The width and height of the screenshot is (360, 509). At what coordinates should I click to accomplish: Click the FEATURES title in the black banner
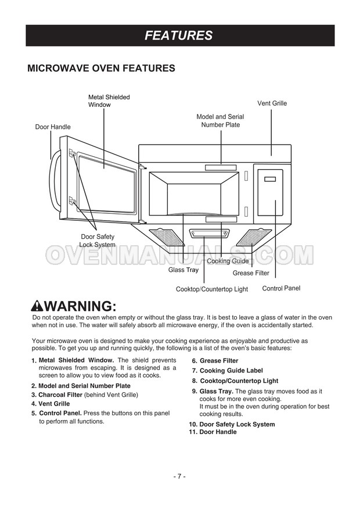click(x=178, y=35)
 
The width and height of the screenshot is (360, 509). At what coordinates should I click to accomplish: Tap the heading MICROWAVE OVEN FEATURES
click(x=101, y=69)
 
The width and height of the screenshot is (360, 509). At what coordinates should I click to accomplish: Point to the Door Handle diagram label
click(x=53, y=127)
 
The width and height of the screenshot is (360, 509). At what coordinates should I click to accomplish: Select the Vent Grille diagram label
click(x=272, y=103)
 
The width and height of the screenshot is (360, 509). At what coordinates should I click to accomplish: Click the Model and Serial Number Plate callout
click(x=220, y=121)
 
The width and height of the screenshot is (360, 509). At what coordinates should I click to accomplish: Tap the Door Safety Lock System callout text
click(x=97, y=241)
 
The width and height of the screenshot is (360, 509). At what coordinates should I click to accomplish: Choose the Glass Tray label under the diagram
click(x=183, y=270)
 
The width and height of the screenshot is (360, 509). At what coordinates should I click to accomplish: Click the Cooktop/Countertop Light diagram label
click(x=211, y=289)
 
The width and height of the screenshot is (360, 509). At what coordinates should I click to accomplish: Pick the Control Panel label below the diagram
click(x=281, y=288)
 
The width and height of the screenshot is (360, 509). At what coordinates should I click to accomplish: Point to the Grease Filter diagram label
click(x=251, y=273)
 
